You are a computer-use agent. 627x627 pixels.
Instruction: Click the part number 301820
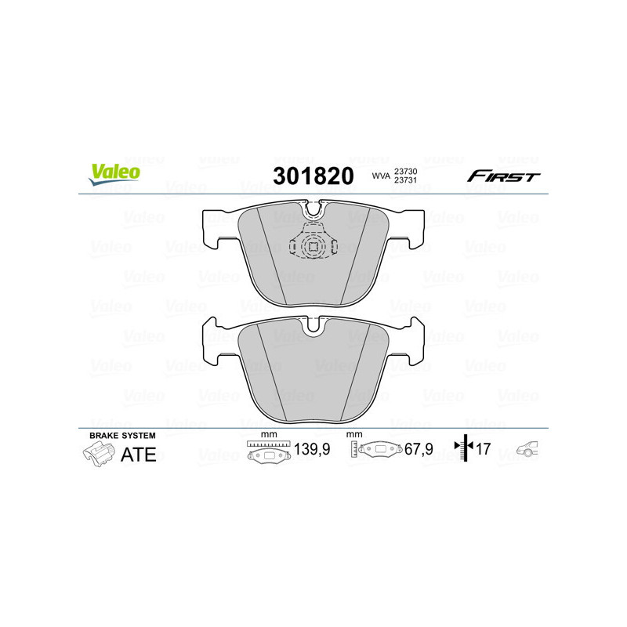312,176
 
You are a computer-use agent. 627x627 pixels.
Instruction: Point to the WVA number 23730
404,171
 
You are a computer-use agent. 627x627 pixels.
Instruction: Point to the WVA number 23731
404,181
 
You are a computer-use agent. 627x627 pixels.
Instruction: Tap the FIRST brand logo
503,176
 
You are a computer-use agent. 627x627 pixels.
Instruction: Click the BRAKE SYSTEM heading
122,435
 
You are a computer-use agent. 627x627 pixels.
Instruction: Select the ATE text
139,455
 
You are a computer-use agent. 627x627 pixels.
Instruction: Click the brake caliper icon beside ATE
97,454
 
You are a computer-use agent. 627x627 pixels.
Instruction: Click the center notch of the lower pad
313,324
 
